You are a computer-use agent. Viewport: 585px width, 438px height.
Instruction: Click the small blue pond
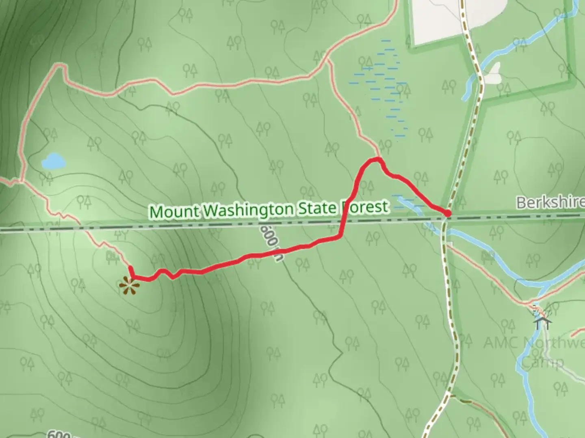pos(53,161)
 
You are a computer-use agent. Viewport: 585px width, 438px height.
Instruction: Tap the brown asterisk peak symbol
pos(129,286)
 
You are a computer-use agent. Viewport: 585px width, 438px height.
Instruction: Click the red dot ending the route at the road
pos(447,213)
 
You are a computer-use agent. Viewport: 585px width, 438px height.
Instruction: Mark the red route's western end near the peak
pos(131,268)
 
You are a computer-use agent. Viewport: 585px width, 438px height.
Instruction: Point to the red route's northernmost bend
pos(375,159)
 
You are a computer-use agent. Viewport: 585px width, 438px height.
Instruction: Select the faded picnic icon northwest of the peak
pos(110,255)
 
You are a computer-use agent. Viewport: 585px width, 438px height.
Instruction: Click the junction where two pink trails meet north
pos(327,62)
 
